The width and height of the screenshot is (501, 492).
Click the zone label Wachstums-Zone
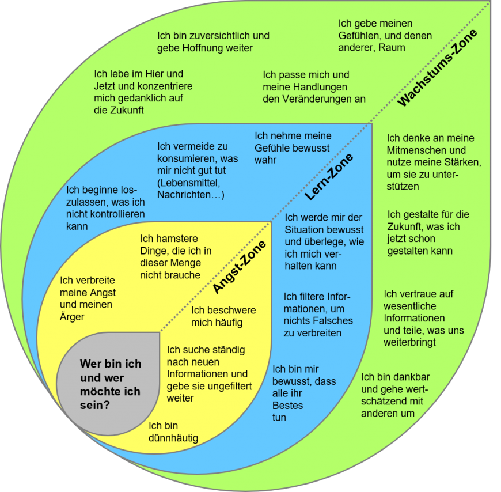click(x=438, y=69)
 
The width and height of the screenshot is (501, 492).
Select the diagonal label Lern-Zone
click(x=329, y=177)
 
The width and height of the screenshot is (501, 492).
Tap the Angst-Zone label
click(x=240, y=267)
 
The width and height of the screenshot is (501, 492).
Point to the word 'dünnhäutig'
click(x=173, y=438)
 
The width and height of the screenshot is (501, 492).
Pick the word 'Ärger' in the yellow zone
click(x=72, y=317)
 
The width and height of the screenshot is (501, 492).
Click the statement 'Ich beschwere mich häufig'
click(x=223, y=316)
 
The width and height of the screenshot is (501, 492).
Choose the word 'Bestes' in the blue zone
click(x=287, y=406)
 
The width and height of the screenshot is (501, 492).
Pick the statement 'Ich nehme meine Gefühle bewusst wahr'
click(x=293, y=147)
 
